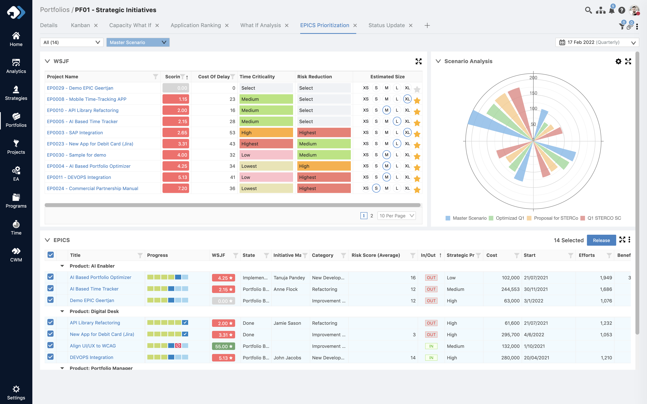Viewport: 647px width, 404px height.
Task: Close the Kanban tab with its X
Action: point(96,25)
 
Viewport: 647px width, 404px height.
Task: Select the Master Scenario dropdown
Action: point(138,42)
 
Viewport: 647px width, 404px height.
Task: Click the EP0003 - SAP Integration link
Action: point(75,133)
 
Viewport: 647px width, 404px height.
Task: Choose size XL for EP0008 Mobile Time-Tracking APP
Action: point(407,99)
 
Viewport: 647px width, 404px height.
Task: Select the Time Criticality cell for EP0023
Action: point(266,144)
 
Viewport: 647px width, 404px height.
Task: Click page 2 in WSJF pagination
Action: point(372,216)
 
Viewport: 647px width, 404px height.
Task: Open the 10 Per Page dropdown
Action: point(396,216)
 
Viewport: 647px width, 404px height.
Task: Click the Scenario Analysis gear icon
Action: point(618,61)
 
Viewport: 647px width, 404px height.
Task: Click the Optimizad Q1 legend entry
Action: point(509,218)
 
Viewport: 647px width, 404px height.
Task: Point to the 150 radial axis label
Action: point(533,93)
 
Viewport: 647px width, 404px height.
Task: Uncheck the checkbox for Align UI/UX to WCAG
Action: point(50,346)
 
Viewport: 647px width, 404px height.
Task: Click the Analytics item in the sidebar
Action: point(16,66)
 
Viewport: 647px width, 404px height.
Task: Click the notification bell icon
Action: point(611,10)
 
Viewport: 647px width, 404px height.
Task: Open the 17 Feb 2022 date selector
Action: point(597,42)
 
